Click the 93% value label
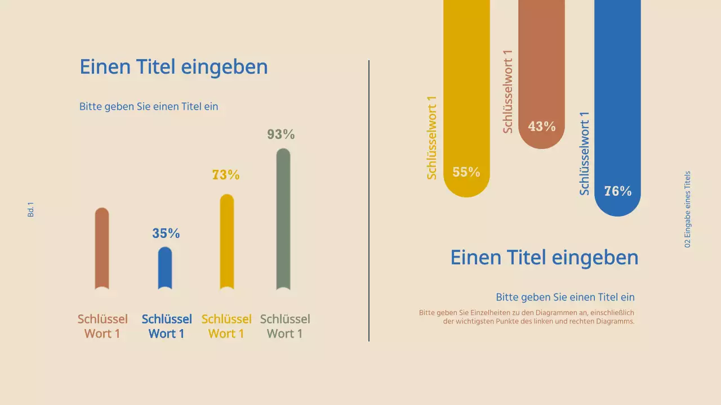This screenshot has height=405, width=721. tap(281, 134)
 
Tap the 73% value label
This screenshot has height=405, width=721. tap(226, 175)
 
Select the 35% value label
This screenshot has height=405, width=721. tap(166, 233)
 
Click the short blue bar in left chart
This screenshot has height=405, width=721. tap(165, 268)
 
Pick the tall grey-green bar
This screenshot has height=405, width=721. tap(283, 219)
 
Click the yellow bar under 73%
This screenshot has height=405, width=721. tap(226, 242)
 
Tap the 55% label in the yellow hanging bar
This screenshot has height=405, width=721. tap(466, 172)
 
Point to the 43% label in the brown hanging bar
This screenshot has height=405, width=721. tap(542, 127)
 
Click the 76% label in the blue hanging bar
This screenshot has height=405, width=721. tap(618, 191)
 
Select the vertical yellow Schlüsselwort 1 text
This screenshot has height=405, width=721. tap(432, 138)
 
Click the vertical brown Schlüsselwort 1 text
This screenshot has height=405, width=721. tap(508, 92)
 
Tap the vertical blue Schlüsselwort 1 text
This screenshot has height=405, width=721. tap(585, 153)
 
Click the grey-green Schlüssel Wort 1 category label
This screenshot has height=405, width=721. tap(285, 326)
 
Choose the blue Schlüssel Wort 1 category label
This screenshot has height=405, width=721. tap(167, 326)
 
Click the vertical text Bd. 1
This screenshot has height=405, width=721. tap(31, 210)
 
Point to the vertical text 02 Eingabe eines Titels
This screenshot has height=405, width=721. tap(687, 209)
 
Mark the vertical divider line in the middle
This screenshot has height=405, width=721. tap(369, 201)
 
